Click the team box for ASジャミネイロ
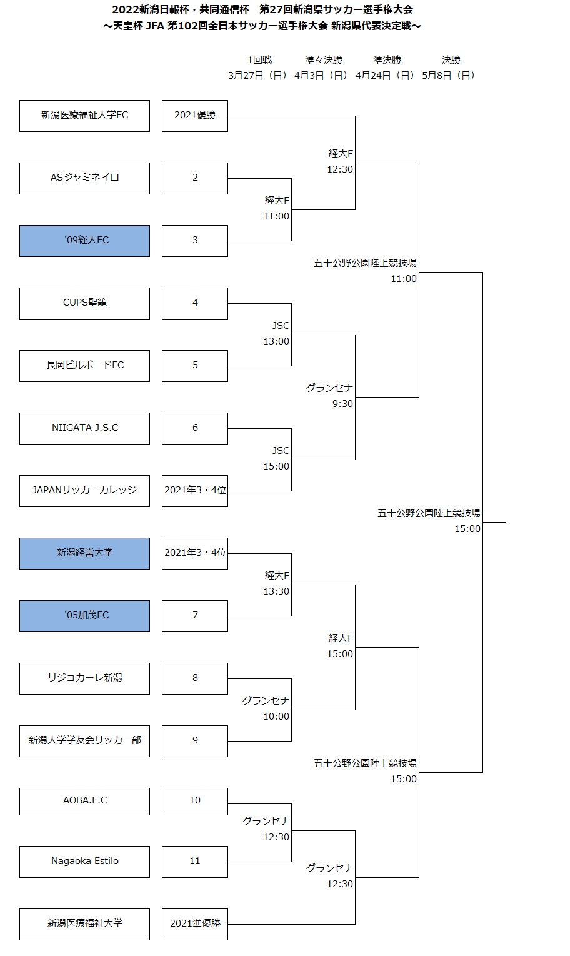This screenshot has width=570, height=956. (x=84, y=178)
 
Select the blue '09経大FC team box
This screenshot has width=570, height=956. (x=84, y=241)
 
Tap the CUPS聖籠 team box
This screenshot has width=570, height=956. (x=84, y=303)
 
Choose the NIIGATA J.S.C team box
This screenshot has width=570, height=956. (x=84, y=428)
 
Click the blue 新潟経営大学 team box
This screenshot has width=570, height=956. (x=84, y=553)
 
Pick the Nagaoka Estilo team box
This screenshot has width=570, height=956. (x=84, y=862)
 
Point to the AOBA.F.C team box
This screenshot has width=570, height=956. (x=84, y=801)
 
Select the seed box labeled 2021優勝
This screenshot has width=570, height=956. (x=195, y=116)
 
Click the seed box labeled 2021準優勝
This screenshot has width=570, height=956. (x=195, y=924)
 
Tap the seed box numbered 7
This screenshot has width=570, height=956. (x=195, y=616)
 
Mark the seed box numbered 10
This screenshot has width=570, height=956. (x=195, y=801)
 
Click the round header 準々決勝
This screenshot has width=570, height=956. (x=324, y=60)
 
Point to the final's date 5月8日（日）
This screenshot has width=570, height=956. (x=448, y=76)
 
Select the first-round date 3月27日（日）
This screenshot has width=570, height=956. (x=257, y=76)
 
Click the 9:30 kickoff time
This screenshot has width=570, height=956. (x=342, y=404)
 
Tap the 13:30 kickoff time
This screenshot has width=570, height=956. (x=276, y=591)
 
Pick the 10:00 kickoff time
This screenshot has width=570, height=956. (x=276, y=717)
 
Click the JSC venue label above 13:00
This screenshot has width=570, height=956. (x=281, y=326)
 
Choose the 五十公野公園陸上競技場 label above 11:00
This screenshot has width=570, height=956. (x=365, y=263)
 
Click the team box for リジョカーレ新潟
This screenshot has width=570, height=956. (x=84, y=678)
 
